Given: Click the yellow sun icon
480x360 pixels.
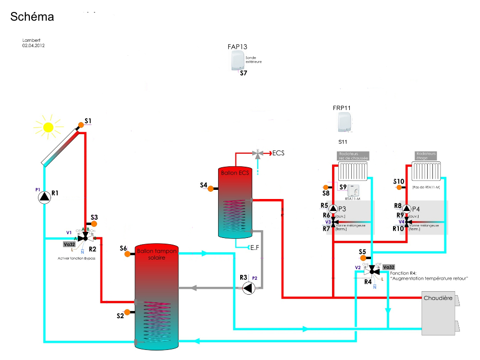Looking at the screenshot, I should pyautogui.click(x=48, y=127).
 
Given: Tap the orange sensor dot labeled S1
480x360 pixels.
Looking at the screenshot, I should pyautogui.click(x=81, y=125).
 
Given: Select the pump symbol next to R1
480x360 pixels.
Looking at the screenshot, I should pyautogui.click(x=44, y=197).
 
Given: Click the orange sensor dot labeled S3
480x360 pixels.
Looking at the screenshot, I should pyautogui.click(x=94, y=224).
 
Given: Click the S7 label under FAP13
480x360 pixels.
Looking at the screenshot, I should pyautogui.click(x=243, y=73).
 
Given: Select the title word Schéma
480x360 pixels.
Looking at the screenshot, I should pyautogui.click(x=32, y=17).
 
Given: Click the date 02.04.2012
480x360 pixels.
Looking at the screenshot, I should pyautogui.click(x=33, y=45).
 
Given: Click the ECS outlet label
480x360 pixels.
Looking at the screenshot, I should pyautogui.click(x=278, y=153).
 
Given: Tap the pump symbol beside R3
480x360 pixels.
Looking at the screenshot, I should pyautogui.click(x=248, y=288).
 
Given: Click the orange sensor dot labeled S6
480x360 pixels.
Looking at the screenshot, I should pyautogui.click(x=128, y=254).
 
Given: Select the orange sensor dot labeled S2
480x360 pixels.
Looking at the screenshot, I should pyautogui.click(x=127, y=312).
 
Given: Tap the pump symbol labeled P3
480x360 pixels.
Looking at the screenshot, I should pyautogui.click(x=334, y=209).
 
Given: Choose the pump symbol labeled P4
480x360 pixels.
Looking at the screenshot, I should pyautogui.click(x=407, y=209).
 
